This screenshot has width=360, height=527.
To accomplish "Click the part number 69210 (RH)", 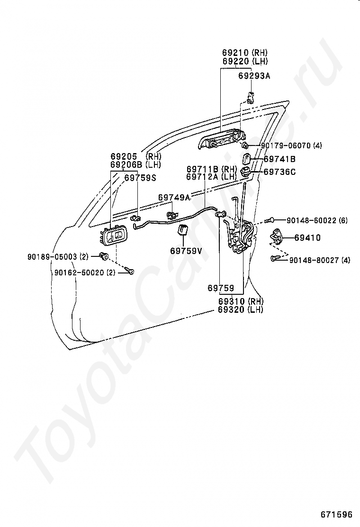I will (245, 52).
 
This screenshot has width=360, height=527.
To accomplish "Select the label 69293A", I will (254, 76).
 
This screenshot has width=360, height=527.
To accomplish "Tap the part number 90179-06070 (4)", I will (291, 145).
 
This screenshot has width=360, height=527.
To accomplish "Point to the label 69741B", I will (279, 159).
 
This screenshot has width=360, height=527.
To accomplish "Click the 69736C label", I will (279, 172).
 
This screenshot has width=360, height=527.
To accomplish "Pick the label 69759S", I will (140, 178).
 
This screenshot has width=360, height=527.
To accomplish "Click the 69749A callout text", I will (174, 197).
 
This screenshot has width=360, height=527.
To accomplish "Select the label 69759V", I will (186, 251).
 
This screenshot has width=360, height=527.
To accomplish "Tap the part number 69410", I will (307, 237).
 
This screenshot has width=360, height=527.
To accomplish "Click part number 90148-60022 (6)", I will (317, 220).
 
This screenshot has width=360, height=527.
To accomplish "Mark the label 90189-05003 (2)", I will (58, 256).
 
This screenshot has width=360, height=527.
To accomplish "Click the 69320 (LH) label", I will (241, 309).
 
